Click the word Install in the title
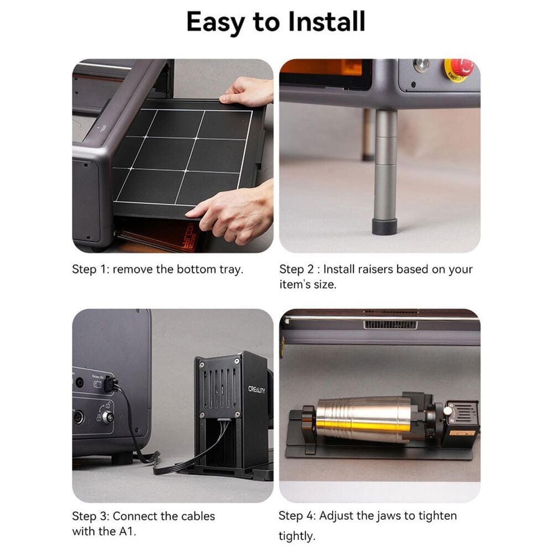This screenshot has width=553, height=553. coord(327,22)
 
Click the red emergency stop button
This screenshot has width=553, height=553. coord(461,67)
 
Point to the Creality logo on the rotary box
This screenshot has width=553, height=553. coord(257,389)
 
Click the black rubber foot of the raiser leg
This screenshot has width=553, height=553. coord(385,226)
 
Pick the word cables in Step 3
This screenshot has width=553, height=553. coord(197,516)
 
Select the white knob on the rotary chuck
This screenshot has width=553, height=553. coord(447,410)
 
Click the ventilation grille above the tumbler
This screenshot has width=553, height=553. coord(390,325)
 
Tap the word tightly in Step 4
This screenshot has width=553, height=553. coord(296,536)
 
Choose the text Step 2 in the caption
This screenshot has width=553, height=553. coord(296,269)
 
